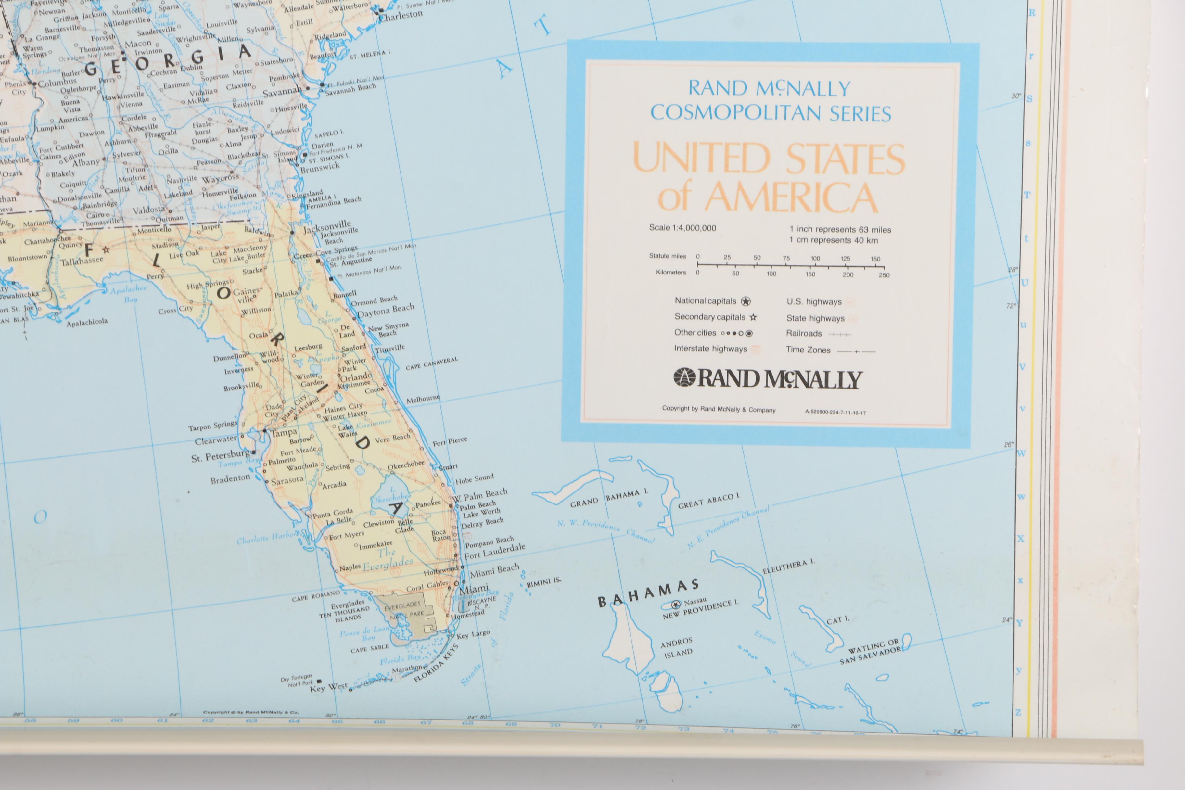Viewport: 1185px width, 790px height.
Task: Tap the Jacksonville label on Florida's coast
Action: (326, 227)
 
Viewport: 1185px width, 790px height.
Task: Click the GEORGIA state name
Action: (168, 60)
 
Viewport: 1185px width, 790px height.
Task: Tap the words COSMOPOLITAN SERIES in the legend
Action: (771, 113)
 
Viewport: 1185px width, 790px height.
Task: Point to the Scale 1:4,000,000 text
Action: (682, 228)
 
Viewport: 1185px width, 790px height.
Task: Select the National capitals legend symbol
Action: (746, 301)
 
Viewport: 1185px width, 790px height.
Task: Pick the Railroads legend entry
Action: (804, 334)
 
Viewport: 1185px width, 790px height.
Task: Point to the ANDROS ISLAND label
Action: (677, 647)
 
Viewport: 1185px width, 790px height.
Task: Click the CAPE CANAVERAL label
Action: (432, 363)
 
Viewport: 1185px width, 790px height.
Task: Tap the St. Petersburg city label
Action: (220, 456)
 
